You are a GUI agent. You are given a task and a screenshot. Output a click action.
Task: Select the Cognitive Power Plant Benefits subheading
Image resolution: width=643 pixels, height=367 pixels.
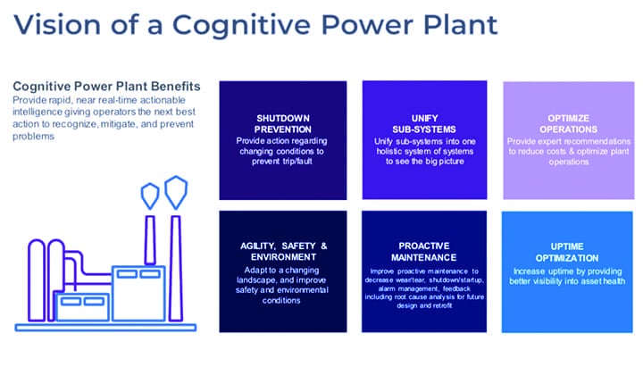(x=106, y=87)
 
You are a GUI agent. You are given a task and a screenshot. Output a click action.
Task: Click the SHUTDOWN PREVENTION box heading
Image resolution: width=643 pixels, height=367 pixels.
(x=282, y=123)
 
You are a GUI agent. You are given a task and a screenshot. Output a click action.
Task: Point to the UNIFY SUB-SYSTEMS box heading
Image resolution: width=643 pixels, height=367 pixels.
(x=424, y=123)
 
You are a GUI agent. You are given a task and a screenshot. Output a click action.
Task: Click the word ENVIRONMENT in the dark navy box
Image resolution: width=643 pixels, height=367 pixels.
(x=282, y=256)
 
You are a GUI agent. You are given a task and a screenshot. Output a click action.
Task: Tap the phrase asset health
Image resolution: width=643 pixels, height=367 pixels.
(x=599, y=281)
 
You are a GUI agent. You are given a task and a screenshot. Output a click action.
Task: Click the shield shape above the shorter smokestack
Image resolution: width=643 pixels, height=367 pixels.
(x=150, y=194)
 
